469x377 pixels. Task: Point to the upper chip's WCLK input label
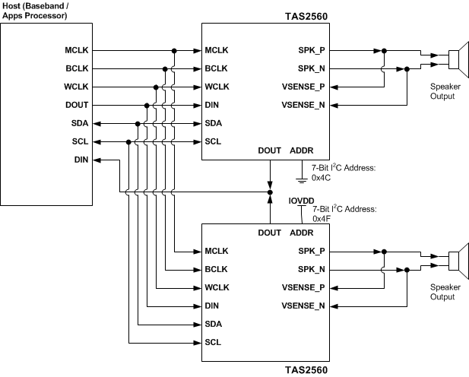217,87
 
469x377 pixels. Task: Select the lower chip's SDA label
214,324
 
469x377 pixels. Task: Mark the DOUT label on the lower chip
271,233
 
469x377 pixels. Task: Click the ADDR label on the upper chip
302,150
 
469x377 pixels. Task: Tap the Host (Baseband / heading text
39,6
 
